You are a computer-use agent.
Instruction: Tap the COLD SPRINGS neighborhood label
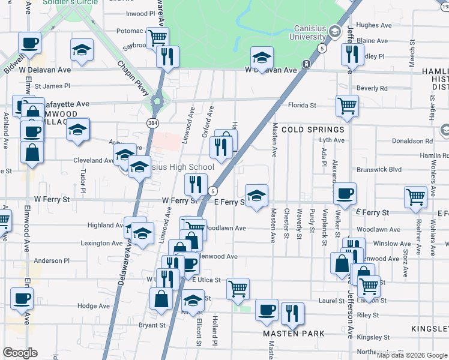pyautogui.click(x=312, y=130)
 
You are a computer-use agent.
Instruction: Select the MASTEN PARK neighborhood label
pyautogui.click(x=294, y=333)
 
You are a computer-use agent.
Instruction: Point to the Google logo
pyautogui.click(x=20, y=352)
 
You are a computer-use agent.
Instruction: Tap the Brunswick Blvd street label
pyautogui.click(x=379, y=170)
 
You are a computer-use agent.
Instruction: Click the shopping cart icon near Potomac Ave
pyautogui.click(x=158, y=37)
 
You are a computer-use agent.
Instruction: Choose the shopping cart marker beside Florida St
pyautogui.click(x=348, y=106)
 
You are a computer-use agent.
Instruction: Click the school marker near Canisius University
pyautogui.click(x=262, y=58)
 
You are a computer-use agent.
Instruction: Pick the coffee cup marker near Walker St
pyautogui.click(x=345, y=193)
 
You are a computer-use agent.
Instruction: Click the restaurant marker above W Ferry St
pyautogui.click(x=196, y=185)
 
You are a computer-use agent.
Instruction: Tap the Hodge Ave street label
pyautogui.click(x=94, y=306)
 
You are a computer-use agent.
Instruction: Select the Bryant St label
pyautogui.click(x=152, y=325)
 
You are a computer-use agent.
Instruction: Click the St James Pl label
pyautogui.click(x=52, y=86)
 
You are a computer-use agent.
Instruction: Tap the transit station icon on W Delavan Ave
pyautogui.click(x=306, y=64)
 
